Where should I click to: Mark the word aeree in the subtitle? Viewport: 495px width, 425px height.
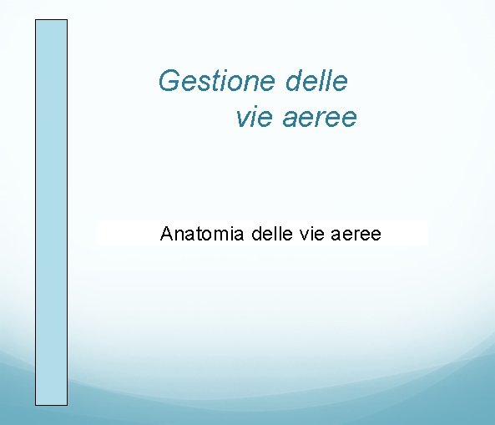coord(356,233)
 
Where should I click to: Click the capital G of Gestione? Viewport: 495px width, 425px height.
coord(169,82)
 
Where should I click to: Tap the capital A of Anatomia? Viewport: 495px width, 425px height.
coord(166,233)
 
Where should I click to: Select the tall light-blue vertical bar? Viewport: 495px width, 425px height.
coord(51,212)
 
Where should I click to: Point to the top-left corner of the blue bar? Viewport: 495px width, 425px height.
coord(36,20)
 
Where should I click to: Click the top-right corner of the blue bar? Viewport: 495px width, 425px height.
coord(67,20)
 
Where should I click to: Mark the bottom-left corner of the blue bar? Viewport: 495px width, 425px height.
coord(36,405)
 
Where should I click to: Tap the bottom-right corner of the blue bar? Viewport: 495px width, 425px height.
coord(67,405)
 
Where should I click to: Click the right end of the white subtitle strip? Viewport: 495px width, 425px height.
coord(426,233)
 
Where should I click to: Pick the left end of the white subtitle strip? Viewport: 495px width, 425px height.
coord(98,233)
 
